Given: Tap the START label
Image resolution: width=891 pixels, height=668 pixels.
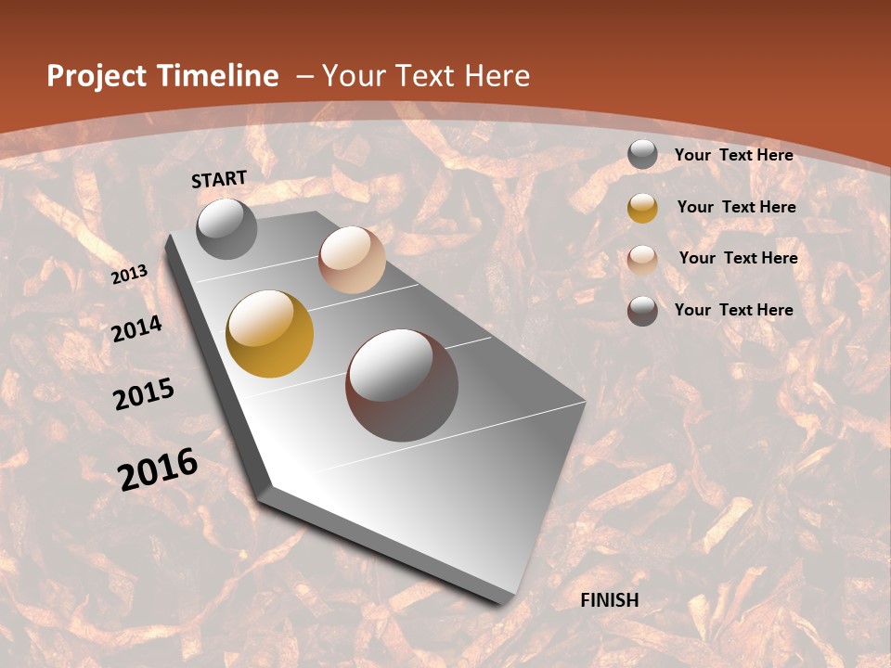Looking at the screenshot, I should click(x=219, y=179).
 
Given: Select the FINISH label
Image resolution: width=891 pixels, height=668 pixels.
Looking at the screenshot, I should click(x=610, y=600).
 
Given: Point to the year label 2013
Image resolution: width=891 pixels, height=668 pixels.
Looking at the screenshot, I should click(x=130, y=275).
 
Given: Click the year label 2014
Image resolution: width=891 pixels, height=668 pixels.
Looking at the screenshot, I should click(x=137, y=329).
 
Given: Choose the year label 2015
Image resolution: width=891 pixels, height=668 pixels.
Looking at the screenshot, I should click(x=144, y=394).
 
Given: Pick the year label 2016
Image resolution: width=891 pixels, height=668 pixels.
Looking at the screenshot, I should click(x=158, y=469).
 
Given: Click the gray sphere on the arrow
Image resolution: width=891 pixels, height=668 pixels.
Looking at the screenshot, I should click(x=226, y=229).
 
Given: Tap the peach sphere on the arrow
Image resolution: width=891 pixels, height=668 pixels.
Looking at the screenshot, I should click(x=352, y=260).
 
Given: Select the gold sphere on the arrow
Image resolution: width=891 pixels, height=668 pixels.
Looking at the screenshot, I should click(x=270, y=334).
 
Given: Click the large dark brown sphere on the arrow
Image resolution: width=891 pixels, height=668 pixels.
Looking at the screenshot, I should click(x=402, y=385).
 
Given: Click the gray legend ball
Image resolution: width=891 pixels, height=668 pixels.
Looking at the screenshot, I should click(x=642, y=155).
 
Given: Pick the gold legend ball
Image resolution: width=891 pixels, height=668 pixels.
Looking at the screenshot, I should click(x=642, y=208).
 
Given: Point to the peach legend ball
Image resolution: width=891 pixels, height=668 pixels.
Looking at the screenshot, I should click(x=642, y=259).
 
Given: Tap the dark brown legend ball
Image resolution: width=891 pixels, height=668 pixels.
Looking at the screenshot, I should click(x=642, y=311).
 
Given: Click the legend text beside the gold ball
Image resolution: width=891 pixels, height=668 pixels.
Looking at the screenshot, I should click(x=736, y=207).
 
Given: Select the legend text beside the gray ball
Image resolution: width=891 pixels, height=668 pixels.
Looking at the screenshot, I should click(x=733, y=155).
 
